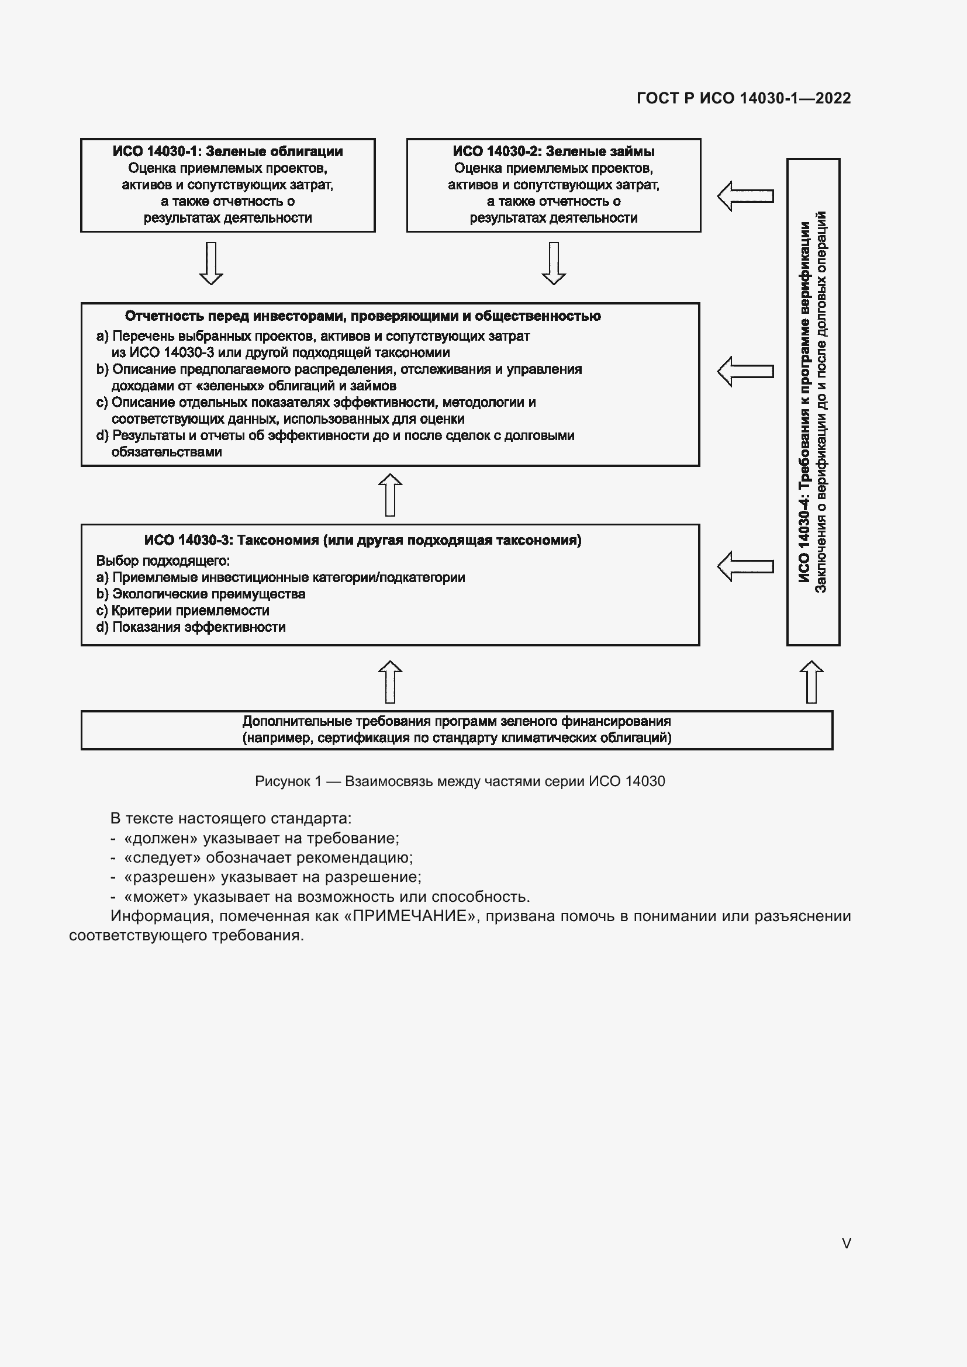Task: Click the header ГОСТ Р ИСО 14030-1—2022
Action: click(743, 98)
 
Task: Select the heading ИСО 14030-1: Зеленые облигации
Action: click(227, 151)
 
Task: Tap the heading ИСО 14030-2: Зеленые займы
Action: click(553, 151)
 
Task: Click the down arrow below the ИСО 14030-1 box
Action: click(211, 263)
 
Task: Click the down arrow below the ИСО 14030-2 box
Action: click(553, 263)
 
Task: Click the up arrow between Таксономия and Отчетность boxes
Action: click(390, 495)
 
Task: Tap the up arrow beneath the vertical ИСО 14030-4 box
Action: click(811, 681)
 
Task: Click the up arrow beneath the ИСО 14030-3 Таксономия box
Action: click(390, 681)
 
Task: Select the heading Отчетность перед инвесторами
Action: click(362, 316)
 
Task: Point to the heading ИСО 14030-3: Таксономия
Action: click(362, 540)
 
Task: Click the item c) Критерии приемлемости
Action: click(183, 610)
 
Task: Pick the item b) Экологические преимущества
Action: click(201, 594)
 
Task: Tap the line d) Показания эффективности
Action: click(191, 627)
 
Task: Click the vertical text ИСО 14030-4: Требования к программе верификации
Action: click(804, 403)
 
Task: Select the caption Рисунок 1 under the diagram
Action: click(460, 781)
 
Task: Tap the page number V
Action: click(846, 1243)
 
